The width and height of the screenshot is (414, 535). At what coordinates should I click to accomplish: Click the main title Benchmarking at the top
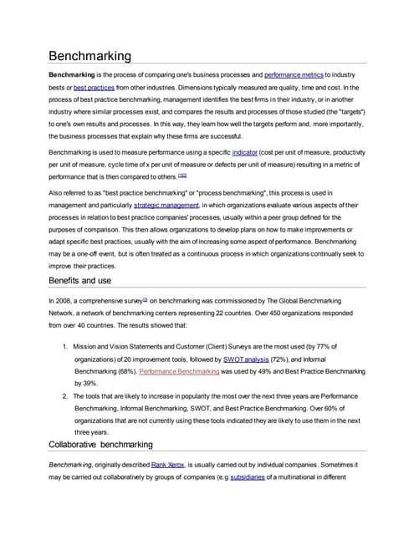coord(89,56)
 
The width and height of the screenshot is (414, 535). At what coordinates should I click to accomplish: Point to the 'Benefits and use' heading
coord(93,280)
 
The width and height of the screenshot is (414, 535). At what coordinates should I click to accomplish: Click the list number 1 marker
coord(65,346)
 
